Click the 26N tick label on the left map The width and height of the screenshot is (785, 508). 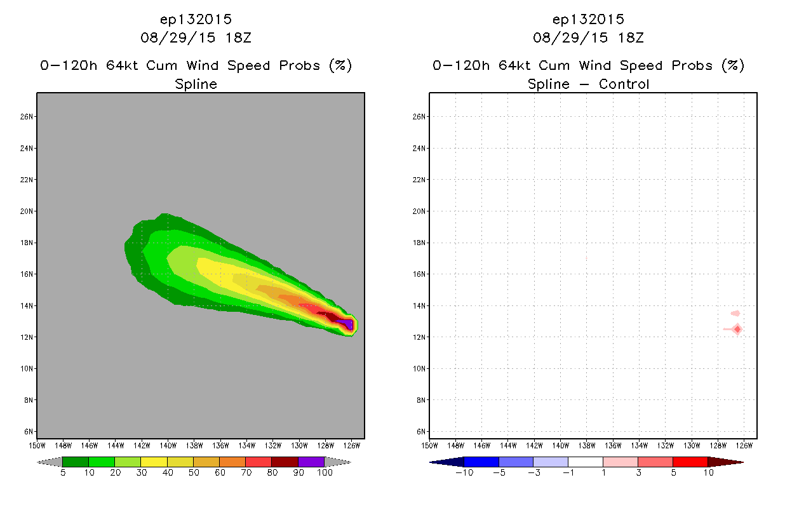coord(26,117)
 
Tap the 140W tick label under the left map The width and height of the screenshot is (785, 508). coord(168,446)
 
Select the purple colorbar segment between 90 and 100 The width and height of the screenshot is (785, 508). coord(311,462)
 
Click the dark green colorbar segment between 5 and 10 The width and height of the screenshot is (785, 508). coord(76,462)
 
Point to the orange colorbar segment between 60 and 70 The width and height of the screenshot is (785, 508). coord(232,462)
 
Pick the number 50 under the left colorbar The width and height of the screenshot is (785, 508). coord(194,472)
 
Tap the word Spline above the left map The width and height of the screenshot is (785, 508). coord(196,84)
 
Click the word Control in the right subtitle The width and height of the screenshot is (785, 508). coord(624,84)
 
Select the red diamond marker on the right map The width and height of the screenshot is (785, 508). coord(738,330)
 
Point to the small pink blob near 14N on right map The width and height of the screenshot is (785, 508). coord(735,313)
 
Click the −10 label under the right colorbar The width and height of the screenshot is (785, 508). coord(464,472)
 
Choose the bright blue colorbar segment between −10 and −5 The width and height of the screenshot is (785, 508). coord(481,462)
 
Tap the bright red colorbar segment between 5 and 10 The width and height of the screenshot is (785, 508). coord(690,462)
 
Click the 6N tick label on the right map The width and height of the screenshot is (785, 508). coord(420,432)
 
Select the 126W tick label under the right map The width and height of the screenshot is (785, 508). coord(744,446)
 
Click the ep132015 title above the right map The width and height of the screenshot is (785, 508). coord(588,20)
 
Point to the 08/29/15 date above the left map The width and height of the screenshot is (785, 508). coord(178,38)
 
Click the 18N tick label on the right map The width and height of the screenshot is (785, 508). coord(419,243)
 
